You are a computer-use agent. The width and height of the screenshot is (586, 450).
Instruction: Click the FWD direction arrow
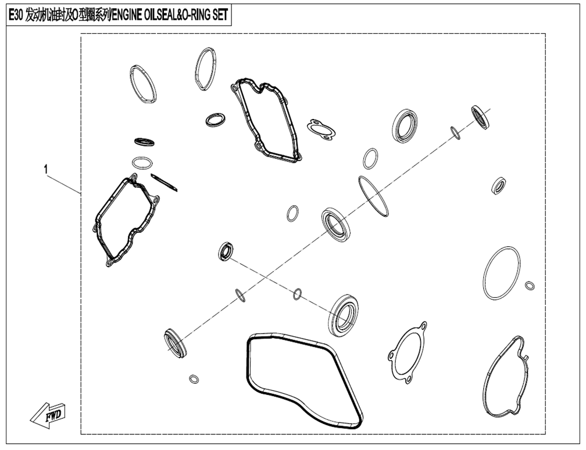pyautogui.click(x=49, y=415)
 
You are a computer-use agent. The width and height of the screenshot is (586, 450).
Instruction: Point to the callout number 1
pyautogui.click(x=46, y=170)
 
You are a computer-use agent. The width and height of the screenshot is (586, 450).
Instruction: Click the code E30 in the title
pyautogui.click(x=15, y=15)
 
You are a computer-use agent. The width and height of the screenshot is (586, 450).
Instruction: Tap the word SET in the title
pyautogui.click(x=220, y=15)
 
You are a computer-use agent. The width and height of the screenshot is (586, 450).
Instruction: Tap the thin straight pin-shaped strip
pyautogui.click(x=164, y=182)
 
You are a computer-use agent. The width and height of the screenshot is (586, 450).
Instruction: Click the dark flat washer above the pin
pyautogui.click(x=144, y=142)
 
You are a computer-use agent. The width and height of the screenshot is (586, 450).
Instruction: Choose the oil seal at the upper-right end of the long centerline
pyautogui.click(x=481, y=117)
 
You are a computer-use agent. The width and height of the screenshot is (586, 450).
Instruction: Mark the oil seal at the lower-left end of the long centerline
pyautogui.click(x=175, y=343)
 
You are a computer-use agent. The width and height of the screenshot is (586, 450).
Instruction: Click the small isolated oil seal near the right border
pyautogui.click(x=499, y=186)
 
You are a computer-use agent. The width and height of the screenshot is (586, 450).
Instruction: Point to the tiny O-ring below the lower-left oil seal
pyautogui.click(x=194, y=379)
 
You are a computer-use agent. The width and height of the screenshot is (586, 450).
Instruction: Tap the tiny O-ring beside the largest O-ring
pyautogui.click(x=529, y=286)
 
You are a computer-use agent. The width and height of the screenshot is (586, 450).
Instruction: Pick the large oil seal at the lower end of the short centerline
pyautogui.click(x=344, y=314)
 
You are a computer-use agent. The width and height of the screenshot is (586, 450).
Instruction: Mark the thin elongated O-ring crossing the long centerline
pyautogui.click(x=373, y=197)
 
